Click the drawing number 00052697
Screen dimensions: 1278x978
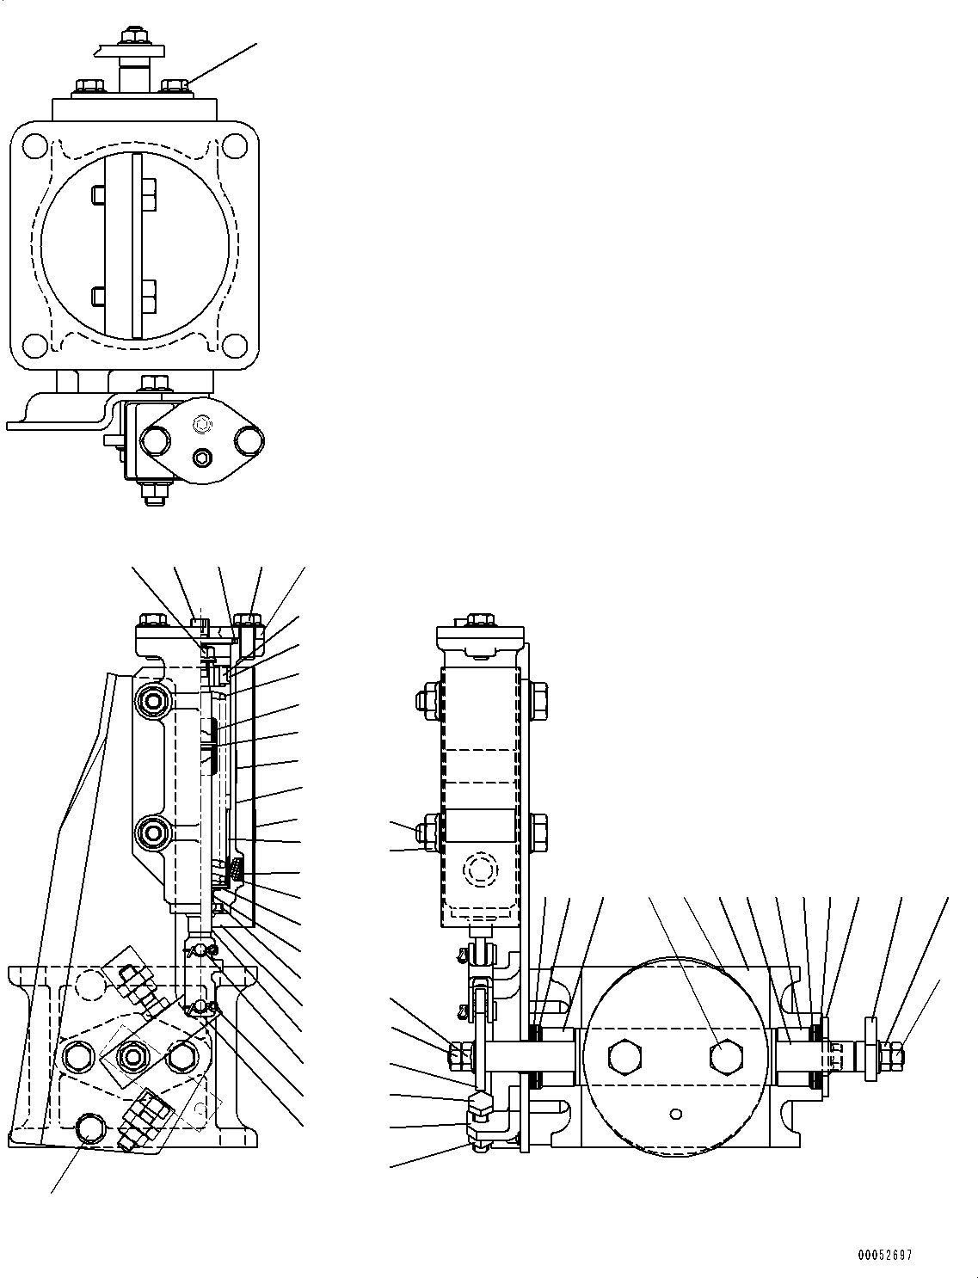[x=883, y=1255]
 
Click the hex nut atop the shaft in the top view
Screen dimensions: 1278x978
[x=134, y=35]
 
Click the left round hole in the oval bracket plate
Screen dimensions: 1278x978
[x=156, y=442]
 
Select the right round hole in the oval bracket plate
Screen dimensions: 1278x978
[x=249, y=442]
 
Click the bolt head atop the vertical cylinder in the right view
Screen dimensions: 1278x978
[x=479, y=619]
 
